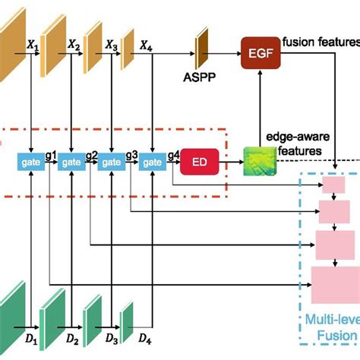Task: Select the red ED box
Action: (200, 162)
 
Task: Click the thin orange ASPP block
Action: (201, 47)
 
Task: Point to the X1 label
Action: (34, 46)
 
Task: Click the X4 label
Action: (147, 46)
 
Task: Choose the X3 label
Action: (112, 46)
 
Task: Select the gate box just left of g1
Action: (30, 162)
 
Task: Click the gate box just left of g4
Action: (152, 162)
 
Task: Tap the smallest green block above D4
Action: (127, 314)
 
